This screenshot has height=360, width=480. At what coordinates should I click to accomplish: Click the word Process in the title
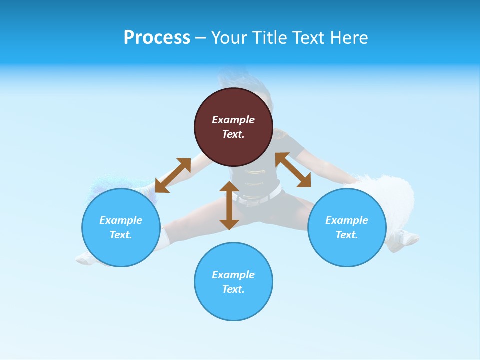coord(157,38)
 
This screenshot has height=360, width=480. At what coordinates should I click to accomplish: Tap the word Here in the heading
coord(347,38)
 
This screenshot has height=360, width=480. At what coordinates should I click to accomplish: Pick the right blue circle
coord(347,250)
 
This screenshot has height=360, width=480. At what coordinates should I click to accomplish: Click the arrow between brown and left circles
coord(173,175)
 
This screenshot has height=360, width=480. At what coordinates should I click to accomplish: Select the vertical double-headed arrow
coord(229,205)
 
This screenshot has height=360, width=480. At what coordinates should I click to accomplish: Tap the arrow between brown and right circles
coord(293,170)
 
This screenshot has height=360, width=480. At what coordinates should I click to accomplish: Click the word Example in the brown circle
coord(233,120)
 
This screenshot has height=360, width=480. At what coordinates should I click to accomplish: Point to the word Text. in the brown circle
coord(233,134)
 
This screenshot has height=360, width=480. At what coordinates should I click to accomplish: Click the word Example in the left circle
coord(121,220)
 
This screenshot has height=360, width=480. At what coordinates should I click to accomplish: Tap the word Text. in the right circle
coord(347,235)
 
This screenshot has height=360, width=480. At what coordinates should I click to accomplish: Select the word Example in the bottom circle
coord(233,275)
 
